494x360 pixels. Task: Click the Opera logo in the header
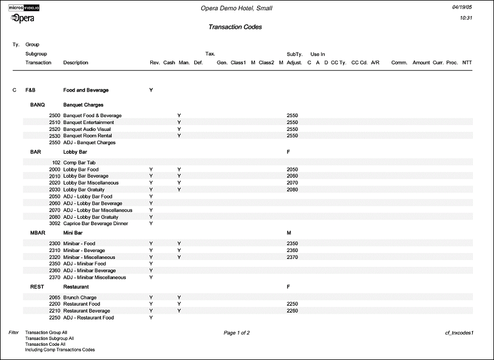22,18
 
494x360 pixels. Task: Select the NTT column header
467,62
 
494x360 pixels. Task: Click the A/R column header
375,62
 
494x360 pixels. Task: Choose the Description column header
75,62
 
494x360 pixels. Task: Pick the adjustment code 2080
292,190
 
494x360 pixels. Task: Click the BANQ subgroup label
38,105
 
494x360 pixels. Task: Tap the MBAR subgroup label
38,233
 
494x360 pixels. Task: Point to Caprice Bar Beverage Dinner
95,223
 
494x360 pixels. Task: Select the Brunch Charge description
80,298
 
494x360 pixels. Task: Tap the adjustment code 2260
292,311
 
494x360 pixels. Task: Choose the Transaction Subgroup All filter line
49,338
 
